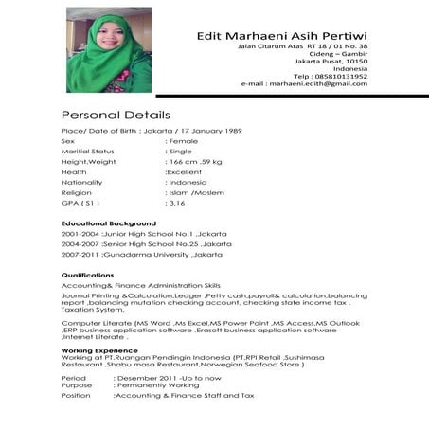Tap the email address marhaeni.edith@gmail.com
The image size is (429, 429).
tap(318, 83)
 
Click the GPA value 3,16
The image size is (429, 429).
tap(175, 203)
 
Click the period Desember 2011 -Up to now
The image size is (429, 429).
tap(166, 377)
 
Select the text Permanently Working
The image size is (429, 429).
tap(156, 385)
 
